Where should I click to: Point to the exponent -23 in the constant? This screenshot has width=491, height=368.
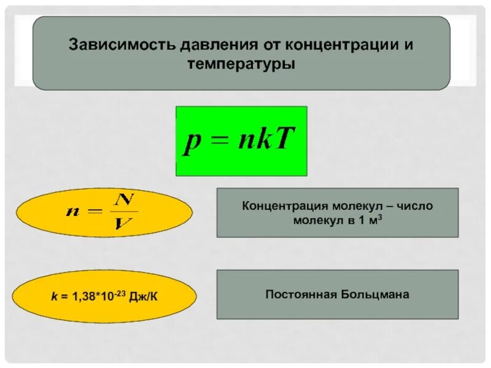coord(122,293)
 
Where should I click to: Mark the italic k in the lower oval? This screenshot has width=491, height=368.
coord(53,297)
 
